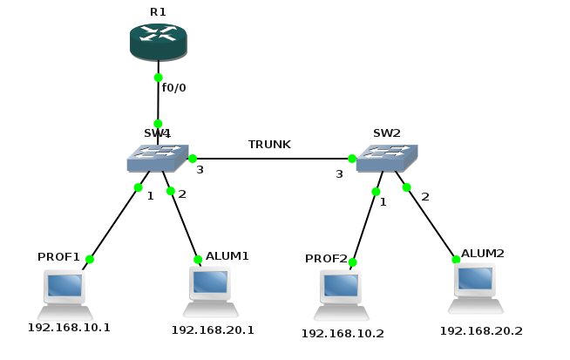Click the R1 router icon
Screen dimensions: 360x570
pyautogui.click(x=158, y=42)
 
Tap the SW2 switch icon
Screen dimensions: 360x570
pyautogui.click(x=387, y=158)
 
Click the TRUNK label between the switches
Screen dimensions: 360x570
pyautogui.click(x=269, y=144)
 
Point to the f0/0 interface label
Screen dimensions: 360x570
pyautogui.click(x=174, y=88)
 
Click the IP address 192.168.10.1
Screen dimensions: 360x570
pyautogui.click(x=69, y=328)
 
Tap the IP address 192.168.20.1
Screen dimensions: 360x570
pyautogui.click(x=213, y=329)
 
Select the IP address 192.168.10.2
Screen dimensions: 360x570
pyautogui.click(x=343, y=333)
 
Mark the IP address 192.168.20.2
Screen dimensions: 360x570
pyautogui.click(x=481, y=330)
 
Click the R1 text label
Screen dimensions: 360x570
pyautogui.click(x=158, y=11)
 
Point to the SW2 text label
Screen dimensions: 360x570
pyautogui.click(x=386, y=133)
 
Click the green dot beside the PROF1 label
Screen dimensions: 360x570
pyautogui.click(x=89, y=259)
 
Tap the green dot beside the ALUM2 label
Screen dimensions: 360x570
pyautogui.click(x=455, y=259)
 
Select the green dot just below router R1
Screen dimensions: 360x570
pyautogui.click(x=158, y=78)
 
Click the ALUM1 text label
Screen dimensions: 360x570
pyautogui.click(x=227, y=256)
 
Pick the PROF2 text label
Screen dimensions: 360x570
pyautogui.click(x=327, y=260)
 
